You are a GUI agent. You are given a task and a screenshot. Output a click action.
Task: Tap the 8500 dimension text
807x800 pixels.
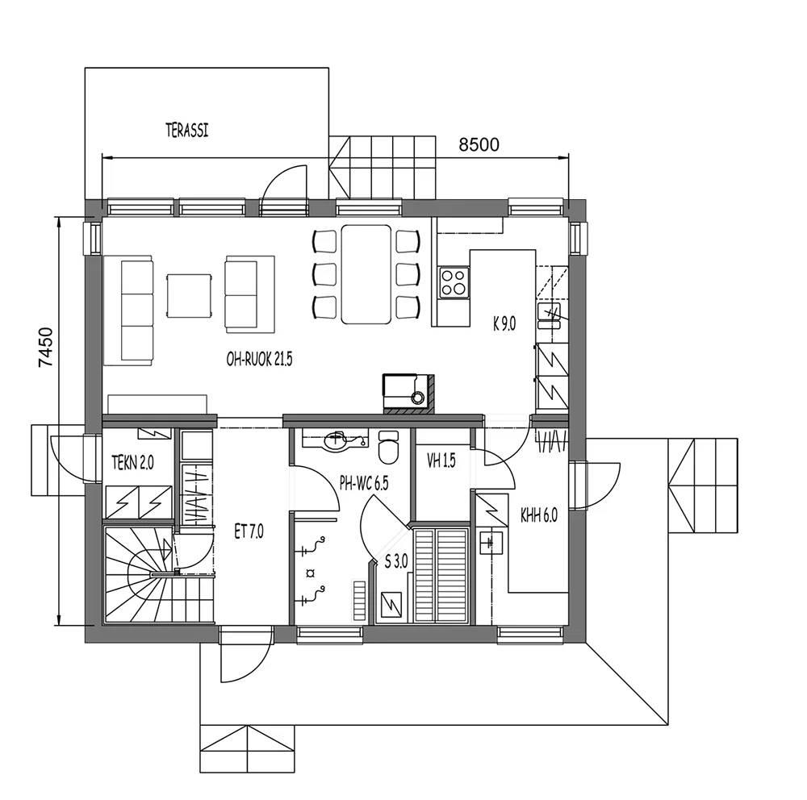479,144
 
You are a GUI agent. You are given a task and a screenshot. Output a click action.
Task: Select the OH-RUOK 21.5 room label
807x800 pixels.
259,360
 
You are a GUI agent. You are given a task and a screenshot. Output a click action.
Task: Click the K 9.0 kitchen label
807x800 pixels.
504,323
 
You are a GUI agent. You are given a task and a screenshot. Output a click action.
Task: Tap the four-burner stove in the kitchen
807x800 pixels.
454,283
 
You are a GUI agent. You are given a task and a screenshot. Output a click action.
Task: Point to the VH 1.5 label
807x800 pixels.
441,461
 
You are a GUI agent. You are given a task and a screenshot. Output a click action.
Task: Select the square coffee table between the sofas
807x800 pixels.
189,296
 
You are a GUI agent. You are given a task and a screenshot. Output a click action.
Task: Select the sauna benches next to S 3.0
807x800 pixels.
440,573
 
